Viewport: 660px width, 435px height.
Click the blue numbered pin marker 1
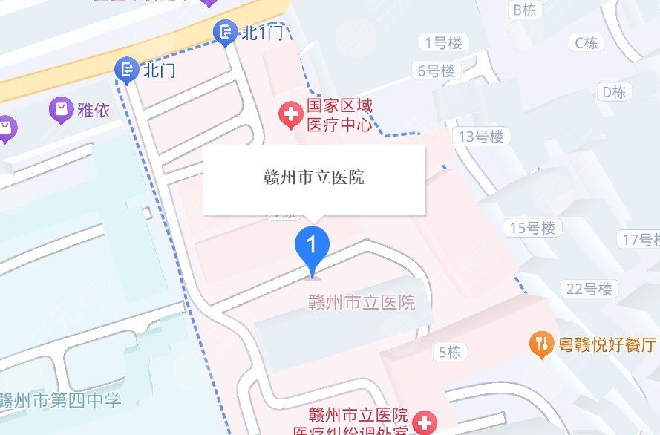313,246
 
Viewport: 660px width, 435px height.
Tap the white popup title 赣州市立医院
314,178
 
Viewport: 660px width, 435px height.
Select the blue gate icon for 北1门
223,32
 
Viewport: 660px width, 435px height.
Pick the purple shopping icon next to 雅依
60,111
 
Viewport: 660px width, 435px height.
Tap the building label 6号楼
436,71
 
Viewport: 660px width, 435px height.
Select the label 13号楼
481,137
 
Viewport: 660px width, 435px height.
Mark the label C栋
586,44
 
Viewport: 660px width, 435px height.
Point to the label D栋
614,92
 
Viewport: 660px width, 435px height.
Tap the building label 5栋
449,352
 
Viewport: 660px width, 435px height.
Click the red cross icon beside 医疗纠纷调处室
426,425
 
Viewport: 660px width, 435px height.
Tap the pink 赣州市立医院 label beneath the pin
362,302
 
